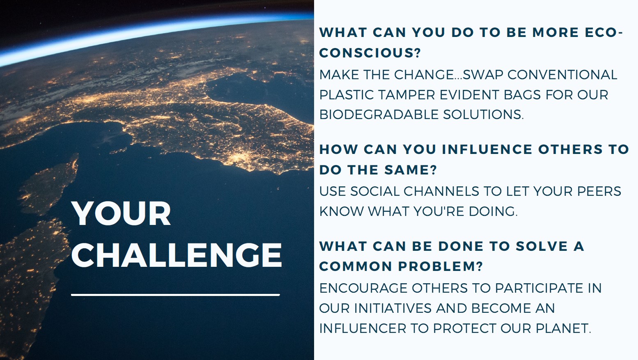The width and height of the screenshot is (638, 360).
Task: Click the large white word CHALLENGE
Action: click(177, 255)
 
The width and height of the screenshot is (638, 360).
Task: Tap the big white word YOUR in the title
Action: click(121, 214)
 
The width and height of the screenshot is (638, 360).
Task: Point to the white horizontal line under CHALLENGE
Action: click(175, 295)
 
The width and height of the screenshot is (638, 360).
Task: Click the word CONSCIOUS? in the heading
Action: click(370, 53)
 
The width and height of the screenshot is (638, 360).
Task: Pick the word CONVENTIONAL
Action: click(562, 75)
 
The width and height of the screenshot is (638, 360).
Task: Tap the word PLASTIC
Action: click(347, 95)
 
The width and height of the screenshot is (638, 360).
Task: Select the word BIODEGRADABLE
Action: click(373, 115)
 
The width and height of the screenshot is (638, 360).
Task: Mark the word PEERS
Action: click(599, 191)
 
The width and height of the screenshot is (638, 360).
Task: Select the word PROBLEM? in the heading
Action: click(441, 266)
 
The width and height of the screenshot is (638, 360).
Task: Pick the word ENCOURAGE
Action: click(363, 288)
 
